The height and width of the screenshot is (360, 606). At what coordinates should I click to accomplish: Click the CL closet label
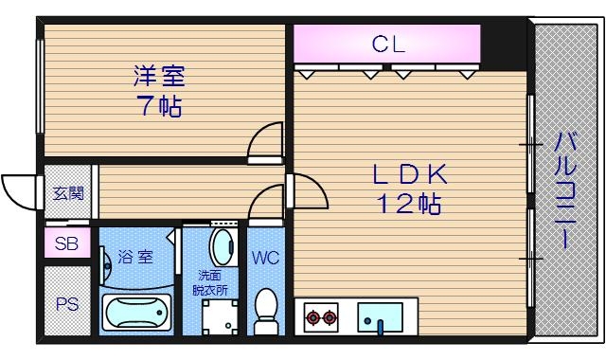point(387,43)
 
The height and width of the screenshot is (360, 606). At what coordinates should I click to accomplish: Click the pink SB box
point(66,243)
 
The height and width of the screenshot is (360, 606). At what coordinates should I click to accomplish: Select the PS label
point(66,305)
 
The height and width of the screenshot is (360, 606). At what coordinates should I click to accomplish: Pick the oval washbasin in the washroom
point(224,248)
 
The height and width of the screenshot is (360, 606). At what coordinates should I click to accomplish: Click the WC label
point(265,257)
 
